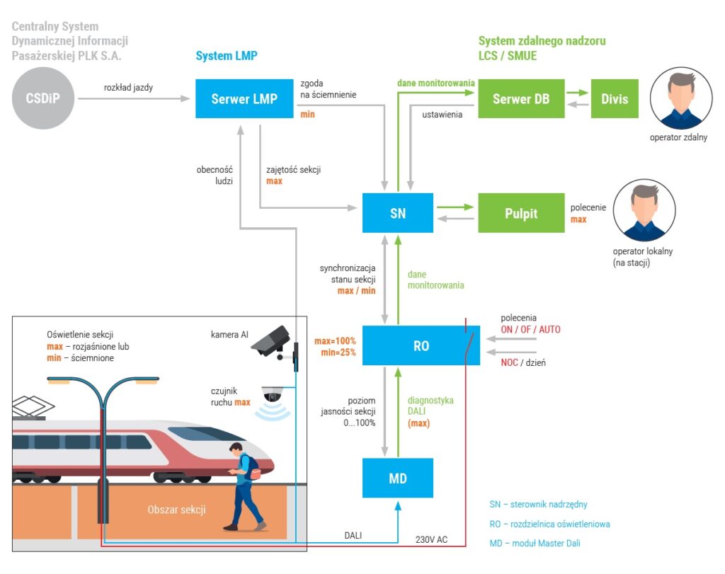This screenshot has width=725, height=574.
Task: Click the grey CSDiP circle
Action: pyautogui.click(x=43, y=98)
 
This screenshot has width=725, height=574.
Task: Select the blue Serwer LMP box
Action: pyautogui.click(x=244, y=98)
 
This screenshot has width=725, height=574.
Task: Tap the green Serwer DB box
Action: pyautogui.click(x=521, y=98)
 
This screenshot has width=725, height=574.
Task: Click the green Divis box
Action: pyautogui.click(x=614, y=98)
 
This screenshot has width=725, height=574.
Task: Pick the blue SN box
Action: pyautogui.click(x=397, y=212)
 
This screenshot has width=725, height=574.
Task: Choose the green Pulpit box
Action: pyautogui.click(x=521, y=212)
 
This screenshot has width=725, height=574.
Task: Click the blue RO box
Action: pyautogui.click(x=421, y=345)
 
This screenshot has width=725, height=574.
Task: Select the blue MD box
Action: pyautogui.click(x=397, y=478)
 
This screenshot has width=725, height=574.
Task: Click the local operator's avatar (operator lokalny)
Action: pyautogui.click(x=644, y=211)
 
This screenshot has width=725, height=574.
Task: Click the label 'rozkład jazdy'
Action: pyautogui.click(x=128, y=88)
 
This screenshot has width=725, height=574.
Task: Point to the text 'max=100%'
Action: pyautogui.click(x=335, y=341)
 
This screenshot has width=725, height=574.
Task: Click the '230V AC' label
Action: pyautogui.click(x=431, y=539)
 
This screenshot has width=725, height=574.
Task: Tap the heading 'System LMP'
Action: pyautogui.click(x=227, y=56)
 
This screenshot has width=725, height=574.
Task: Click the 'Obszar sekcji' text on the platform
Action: pyautogui.click(x=176, y=510)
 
